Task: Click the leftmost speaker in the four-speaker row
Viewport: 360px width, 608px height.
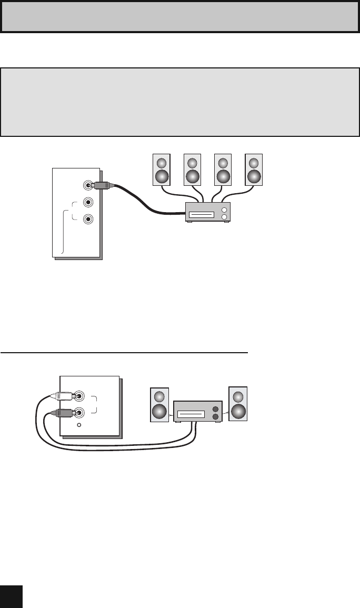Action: [162, 170]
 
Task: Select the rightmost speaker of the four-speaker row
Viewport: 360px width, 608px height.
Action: [254, 170]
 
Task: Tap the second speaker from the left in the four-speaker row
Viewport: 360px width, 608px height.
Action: [193, 170]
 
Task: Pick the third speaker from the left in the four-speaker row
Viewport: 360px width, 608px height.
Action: [223, 170]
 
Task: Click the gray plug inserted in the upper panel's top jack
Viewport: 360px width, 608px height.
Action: [100, 185]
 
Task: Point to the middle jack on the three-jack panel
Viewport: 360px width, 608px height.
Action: [89, 202]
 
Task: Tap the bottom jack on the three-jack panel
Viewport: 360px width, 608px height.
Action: [89, 219]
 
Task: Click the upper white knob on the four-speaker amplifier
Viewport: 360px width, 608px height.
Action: [224, 209]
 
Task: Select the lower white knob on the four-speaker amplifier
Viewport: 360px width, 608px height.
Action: [224, 217]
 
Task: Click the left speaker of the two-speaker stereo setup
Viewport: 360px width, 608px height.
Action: [160, 405]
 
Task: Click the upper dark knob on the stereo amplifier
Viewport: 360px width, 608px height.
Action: [215, 408]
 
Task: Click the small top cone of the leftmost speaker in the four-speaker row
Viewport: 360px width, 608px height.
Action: [162, 162]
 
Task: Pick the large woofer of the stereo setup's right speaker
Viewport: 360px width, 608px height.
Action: [238, 410]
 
